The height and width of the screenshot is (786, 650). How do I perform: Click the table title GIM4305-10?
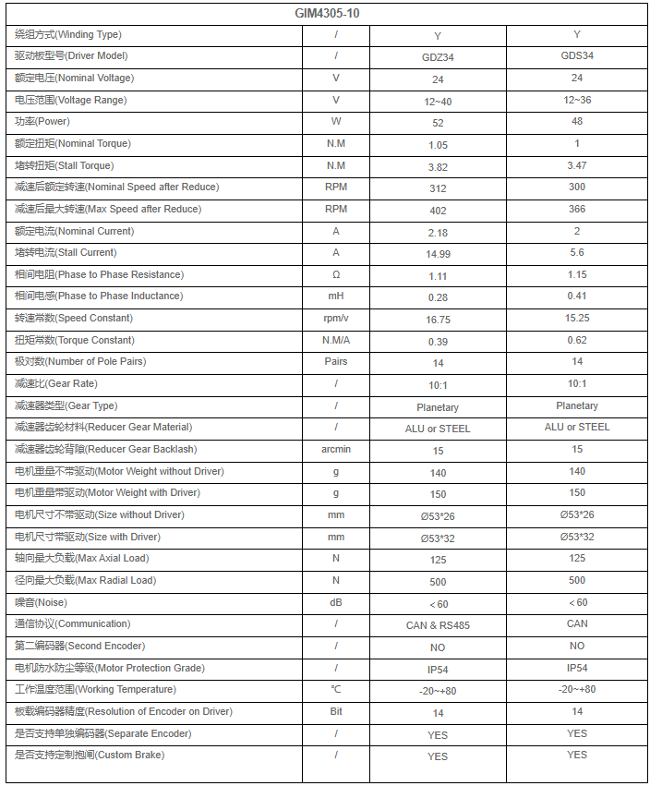[328, 14]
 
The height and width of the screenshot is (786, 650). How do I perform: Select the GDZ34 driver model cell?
[438, 57]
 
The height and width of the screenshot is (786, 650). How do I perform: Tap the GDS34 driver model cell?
[577, 55]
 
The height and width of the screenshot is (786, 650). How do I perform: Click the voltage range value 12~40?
[438, 101]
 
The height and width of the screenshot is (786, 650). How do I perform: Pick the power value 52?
[438, 123]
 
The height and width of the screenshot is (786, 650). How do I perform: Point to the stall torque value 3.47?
[577, 165]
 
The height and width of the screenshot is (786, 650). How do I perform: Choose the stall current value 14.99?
[438, 254]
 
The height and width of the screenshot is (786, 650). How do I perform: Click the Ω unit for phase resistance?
[336, 275]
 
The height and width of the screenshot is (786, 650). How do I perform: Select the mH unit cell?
[336, 296]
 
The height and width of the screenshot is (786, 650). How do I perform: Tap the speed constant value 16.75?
[438, 320]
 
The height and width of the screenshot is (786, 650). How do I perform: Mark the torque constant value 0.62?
[577, 340]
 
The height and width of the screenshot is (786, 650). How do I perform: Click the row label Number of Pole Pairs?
[80, 362]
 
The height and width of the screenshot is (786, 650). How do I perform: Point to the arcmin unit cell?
[336, 450]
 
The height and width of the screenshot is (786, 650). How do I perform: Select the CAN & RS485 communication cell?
[438, 625]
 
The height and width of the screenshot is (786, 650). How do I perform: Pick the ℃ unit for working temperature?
[336, 690]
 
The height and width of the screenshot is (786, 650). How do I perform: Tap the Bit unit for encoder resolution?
[336, 712]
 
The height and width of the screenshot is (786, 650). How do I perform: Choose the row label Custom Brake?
[90, 756]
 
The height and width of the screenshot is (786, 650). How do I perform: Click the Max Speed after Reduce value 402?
[438, 210]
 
